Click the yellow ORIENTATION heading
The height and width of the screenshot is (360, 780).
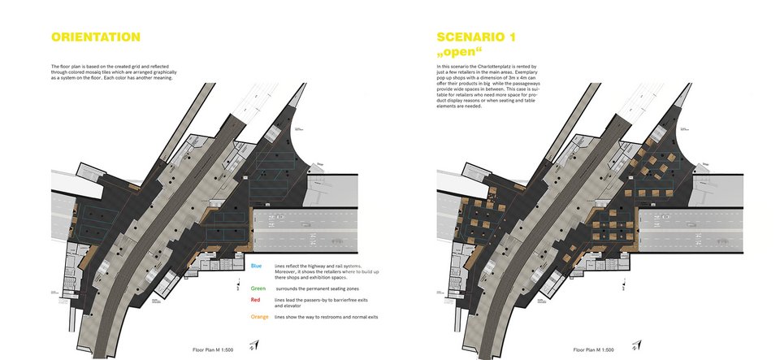pyautogui.click(x=95, y=37)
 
